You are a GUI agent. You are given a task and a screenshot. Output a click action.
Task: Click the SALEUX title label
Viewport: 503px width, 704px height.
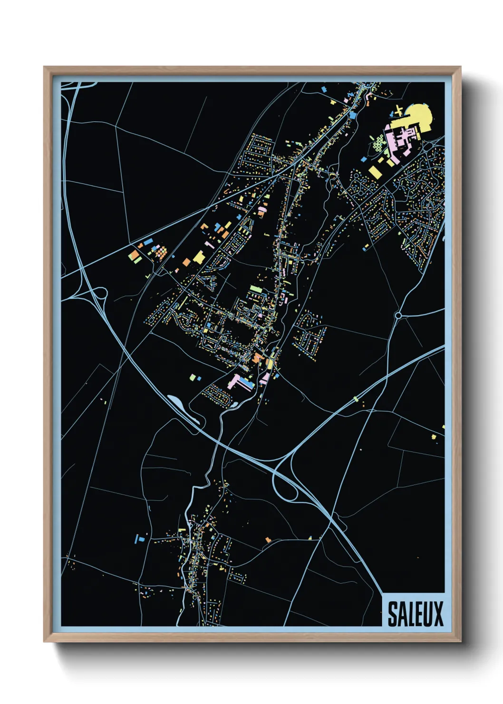click(x=415, y=614)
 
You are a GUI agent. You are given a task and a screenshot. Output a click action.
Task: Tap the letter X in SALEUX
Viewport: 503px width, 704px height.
click(x=437, y=614)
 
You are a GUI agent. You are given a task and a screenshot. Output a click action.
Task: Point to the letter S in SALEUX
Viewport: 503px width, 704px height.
click(x=393, y=614)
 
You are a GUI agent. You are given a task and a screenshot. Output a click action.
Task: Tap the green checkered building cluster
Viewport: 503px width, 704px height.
click(x=378, y=142)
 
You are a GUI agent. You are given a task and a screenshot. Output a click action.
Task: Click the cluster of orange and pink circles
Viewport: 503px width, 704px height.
click(x=161, y=252)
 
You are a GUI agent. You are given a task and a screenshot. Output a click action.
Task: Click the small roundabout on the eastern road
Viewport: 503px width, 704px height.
click(x=398, y=315)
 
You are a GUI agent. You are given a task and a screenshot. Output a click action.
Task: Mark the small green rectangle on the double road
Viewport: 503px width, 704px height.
click(x=355, y=398)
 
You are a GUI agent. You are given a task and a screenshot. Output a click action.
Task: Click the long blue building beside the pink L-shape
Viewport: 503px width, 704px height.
click(x=247, y=381)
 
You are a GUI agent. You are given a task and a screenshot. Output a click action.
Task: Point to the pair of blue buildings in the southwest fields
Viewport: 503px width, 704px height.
click(x=139, y=538)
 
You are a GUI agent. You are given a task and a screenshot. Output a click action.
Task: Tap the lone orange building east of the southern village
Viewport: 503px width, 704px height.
click(x=268, y=539)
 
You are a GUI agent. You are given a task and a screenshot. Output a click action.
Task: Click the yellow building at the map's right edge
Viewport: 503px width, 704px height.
click(x=433, y=436)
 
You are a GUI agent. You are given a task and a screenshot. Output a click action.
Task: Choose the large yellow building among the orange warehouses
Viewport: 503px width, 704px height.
click(x=199, y=257)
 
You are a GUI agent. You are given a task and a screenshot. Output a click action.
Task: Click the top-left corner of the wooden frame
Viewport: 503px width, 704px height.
click(x=44, y=67)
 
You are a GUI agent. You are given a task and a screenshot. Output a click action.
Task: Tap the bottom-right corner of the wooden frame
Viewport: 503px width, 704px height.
click(x=460, y=641)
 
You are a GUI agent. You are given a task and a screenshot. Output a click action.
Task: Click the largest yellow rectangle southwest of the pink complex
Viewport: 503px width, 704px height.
click(x=376, y=171)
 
